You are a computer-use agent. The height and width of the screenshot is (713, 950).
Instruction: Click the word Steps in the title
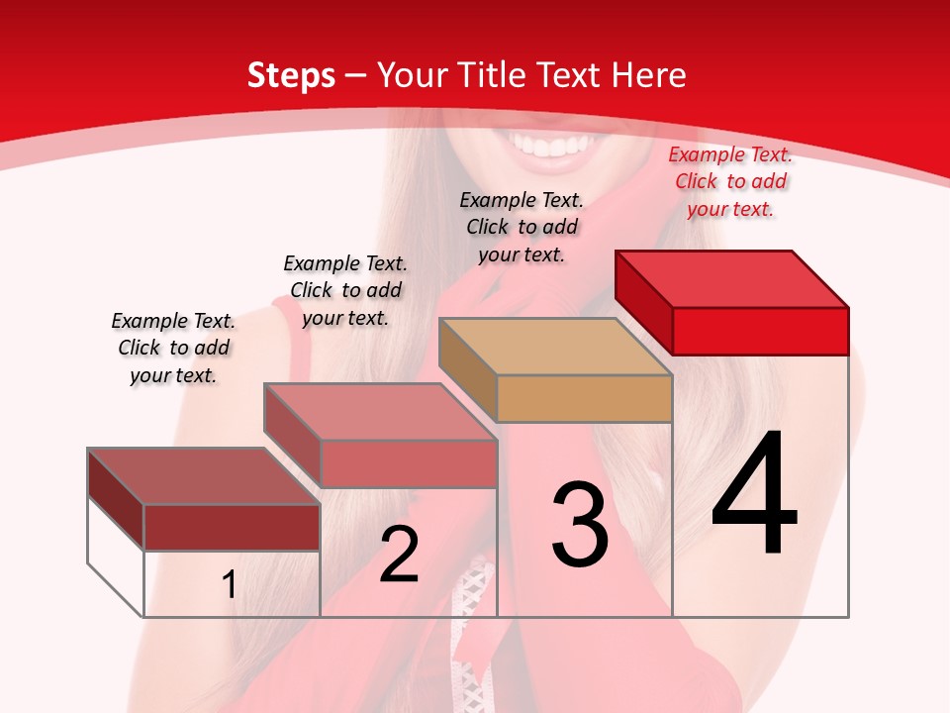pos(291,75)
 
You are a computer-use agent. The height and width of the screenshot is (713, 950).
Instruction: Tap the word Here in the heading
pos(650,75)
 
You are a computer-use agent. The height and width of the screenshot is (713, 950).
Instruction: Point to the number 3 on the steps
pos(580,525)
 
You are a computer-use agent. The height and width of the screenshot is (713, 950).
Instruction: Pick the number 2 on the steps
pos(399,555)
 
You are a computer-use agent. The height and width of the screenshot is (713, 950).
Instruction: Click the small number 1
pos(230,585)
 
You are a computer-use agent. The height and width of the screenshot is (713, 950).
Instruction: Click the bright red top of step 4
pos(732,278)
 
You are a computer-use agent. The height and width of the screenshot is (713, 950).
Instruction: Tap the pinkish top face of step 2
pos(380,412)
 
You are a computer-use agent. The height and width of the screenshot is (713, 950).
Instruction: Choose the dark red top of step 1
pos(204,476)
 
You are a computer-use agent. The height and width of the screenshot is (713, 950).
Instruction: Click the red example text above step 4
pos(730,181)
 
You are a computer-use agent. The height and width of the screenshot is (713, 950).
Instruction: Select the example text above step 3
pos(522,227)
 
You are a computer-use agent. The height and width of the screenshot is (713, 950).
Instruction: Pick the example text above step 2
pos(345,290)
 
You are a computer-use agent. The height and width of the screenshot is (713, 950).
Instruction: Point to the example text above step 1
pos(173,348)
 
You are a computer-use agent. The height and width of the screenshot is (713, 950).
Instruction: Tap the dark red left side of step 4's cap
pos(643,301)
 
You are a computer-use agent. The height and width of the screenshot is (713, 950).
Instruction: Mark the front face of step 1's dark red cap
pos(232,527)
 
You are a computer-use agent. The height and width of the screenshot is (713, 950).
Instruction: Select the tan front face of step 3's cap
pos(584,398)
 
